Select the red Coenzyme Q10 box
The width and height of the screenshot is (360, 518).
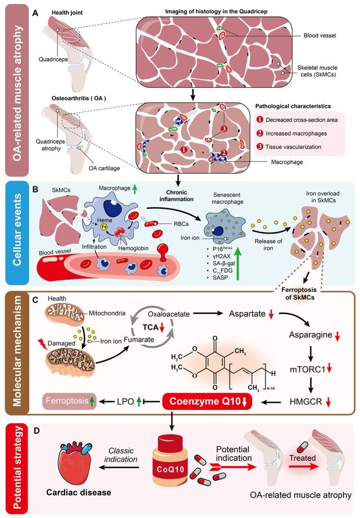click(x=207, y=402)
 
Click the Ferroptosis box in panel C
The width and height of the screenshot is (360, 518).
click(x=70, y=402)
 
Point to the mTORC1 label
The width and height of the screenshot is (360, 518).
click(x=308, y=370)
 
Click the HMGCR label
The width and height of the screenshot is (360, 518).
click(x=306, y=402)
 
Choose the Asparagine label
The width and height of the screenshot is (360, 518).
click(x=310, y=335)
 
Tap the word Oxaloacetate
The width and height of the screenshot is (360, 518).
click(x=169, y=314)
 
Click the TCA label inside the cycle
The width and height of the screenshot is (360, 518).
click(x=150, y=327)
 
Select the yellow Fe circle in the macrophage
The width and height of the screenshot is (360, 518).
click(x=103, y=227)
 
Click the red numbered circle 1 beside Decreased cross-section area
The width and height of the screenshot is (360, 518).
click(x=260, y=120)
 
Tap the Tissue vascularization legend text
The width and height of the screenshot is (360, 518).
click(x=293, y=147)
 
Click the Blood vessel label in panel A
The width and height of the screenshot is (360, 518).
click(x=319, y=35)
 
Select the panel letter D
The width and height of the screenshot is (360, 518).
click(x=37, y=431)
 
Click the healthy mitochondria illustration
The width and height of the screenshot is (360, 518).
click(x=65, y=313)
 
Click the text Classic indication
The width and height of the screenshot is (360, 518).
click(x=120, y=455)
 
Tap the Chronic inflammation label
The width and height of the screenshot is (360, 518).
click(x=177, y=196)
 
